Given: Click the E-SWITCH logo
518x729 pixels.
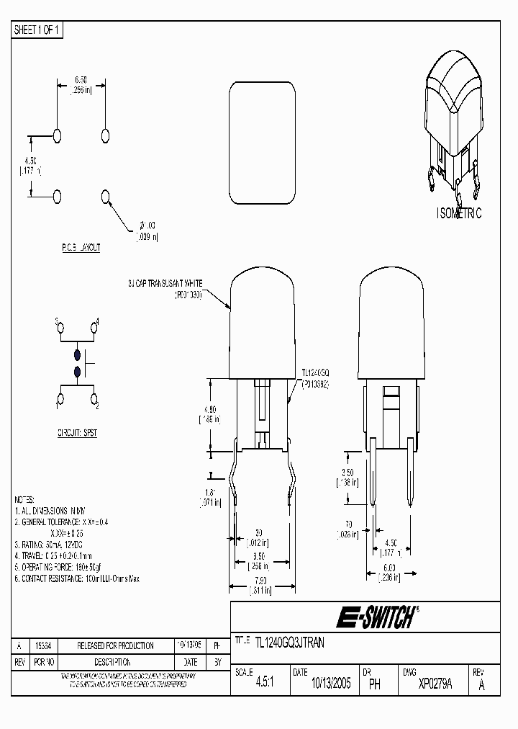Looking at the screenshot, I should tap(376, 617).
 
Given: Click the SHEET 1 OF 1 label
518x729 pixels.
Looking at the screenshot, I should tap(38, 30).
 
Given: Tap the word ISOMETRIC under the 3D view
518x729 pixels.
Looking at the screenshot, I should tap(459, 213).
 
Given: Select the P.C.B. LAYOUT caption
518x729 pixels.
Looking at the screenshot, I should tap(80, 247).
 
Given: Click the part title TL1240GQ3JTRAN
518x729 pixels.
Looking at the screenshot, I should tap(289, 644).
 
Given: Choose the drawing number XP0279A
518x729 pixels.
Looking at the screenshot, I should tap(435, 684).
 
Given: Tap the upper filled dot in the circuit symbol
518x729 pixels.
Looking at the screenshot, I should tap(77, 355).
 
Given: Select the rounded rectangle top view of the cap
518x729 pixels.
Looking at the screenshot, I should tap(263, 143).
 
